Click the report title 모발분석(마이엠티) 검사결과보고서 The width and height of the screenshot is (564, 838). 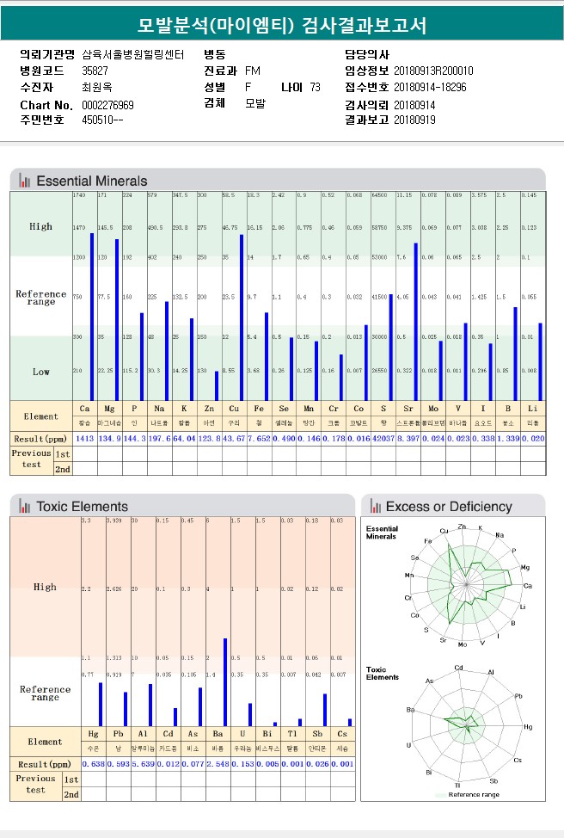click(x=282, y=25)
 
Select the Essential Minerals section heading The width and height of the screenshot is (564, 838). click(x=91, y=181)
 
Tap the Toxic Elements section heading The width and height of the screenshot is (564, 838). click(x=82, y=507)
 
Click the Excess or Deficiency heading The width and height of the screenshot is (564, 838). click(x=448, y=507)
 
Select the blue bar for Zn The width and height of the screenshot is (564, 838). click(x=216, y=386)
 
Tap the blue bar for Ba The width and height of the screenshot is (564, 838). click(x=225, y=682)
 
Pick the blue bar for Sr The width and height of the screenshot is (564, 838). click(x=416, y=322)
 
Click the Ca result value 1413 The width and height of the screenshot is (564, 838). click(x=84, y=439)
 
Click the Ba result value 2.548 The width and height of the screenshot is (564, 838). click(x=218, y=764)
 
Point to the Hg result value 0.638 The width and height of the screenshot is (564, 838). click(x=93, y=764)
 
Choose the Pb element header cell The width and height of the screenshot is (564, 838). click(x=118, y=734)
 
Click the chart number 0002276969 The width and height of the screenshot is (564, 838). click(x=107, y=105)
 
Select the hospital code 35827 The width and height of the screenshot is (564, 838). click(x=95, y=71)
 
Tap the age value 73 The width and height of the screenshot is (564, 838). click(x=315, y=87)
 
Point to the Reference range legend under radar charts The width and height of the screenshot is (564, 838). click(x=471, y=795)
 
